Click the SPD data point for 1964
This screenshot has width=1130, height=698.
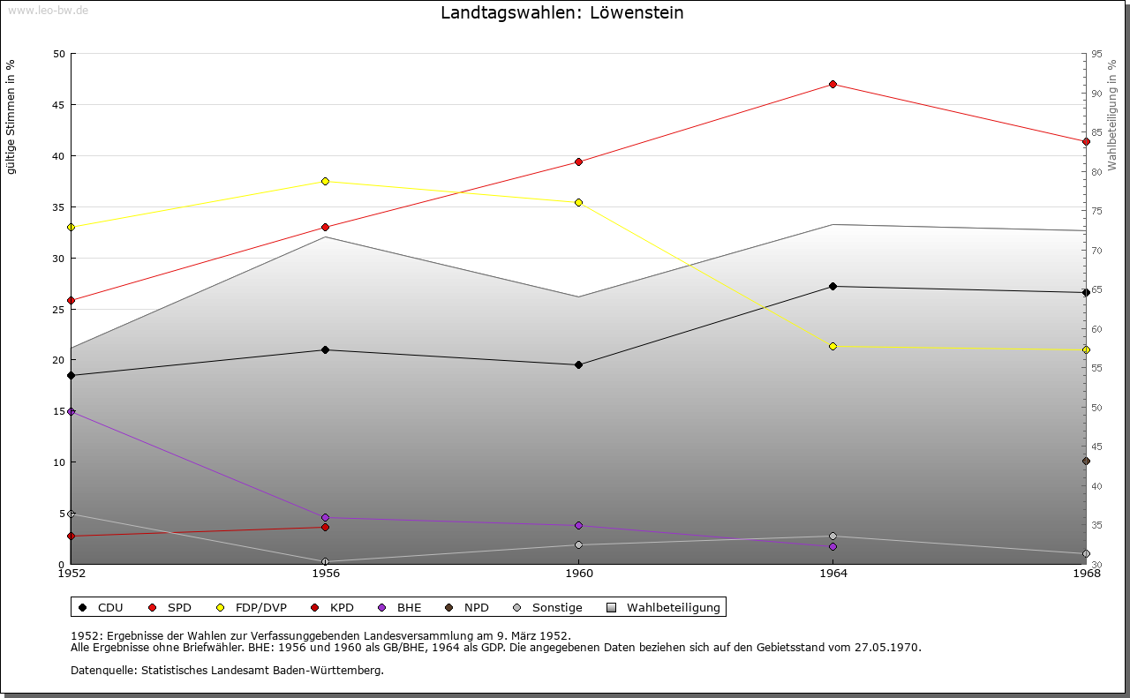832,85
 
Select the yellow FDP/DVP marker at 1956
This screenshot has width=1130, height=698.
325,182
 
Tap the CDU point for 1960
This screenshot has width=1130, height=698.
579,365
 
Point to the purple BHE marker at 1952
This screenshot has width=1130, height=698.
72,412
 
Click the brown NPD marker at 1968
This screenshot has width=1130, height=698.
1086,462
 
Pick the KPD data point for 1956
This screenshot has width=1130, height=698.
325,528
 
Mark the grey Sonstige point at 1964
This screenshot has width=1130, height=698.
832,537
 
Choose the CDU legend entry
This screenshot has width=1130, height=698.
101,608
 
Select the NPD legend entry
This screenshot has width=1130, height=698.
467,608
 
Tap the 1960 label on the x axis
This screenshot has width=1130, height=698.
579,574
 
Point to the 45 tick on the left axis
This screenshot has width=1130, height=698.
58,105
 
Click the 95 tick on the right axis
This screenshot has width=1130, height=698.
1096,55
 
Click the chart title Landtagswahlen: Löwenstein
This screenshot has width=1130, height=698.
562,13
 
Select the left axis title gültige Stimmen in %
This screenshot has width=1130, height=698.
11,116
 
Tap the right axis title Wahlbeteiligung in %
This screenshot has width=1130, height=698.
1112,116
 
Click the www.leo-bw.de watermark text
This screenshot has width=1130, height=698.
48,10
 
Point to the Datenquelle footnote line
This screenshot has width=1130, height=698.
227,671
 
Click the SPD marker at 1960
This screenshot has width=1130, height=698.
579,162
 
